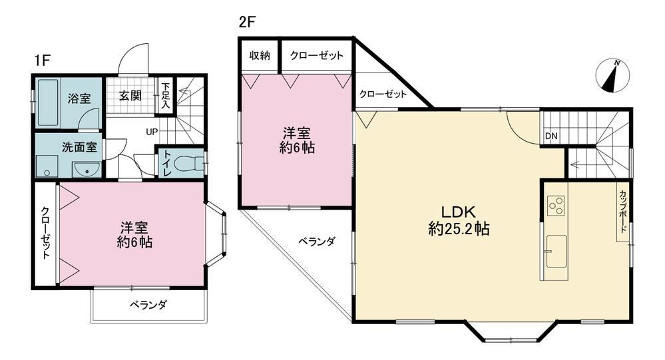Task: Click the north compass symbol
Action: (612, 76)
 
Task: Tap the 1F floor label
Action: (43, 61)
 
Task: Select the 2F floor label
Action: (247, 21)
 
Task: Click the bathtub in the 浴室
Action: (47, 102)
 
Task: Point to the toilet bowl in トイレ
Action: (190, 163)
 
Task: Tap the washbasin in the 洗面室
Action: (87, 170)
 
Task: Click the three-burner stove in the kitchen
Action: (556, 206)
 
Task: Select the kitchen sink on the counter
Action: (556, 252)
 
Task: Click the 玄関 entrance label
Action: (130, 95)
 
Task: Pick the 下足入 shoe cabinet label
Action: (165, 96)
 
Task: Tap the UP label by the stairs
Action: (152, 132)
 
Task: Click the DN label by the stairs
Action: (551, 136)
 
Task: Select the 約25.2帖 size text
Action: (459, 229)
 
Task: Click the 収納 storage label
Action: (260, 55)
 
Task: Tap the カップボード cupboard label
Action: (623, 211)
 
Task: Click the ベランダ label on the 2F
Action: (317, 242)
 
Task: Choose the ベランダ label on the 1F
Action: (148, 305)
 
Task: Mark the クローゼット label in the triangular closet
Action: (383, 94)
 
